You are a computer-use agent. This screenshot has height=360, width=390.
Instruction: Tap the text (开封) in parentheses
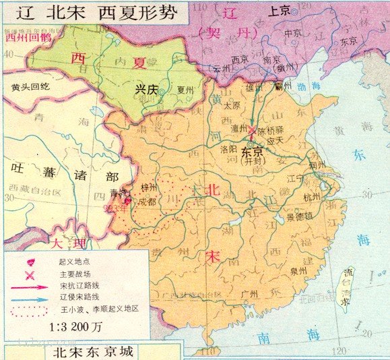[x=255, y=161]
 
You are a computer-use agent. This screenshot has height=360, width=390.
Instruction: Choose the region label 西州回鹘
[x=28, y=38]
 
